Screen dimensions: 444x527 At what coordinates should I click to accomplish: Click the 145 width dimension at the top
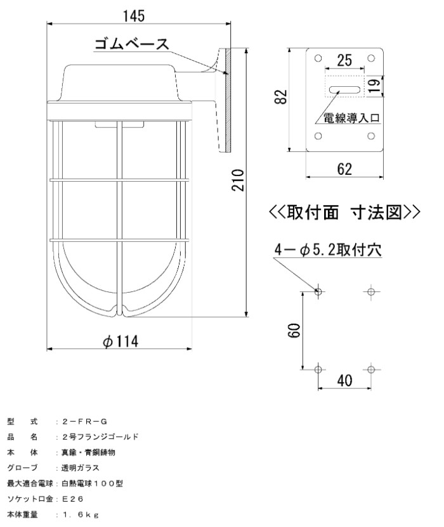134,16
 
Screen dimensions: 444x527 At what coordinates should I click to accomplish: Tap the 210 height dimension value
238,180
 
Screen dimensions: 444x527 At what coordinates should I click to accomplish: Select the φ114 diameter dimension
121,341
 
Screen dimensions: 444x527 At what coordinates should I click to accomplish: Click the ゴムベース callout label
132,44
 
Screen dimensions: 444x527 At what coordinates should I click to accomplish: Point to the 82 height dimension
281,97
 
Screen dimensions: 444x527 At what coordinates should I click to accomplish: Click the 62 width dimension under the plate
344,168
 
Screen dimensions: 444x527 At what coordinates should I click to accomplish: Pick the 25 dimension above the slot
344,60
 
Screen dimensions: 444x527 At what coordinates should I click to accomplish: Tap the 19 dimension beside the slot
374,86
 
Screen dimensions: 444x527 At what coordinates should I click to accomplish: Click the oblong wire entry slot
344,90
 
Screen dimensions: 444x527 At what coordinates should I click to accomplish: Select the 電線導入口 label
352,118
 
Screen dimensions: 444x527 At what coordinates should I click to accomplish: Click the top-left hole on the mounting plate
318,58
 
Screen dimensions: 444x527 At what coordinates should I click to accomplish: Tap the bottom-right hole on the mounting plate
371,136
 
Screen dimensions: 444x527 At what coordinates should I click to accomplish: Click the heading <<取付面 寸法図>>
344,212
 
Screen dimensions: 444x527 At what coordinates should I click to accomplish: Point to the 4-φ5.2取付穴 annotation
328,250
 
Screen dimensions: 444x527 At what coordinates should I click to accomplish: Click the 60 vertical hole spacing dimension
294,330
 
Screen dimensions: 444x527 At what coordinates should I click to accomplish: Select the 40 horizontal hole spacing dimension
344,380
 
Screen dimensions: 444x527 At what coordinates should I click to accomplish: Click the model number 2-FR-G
84,421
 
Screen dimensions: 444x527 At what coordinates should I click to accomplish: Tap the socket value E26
73,498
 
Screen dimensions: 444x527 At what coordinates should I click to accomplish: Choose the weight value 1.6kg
80,514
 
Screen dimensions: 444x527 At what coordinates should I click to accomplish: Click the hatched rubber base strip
228,101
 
